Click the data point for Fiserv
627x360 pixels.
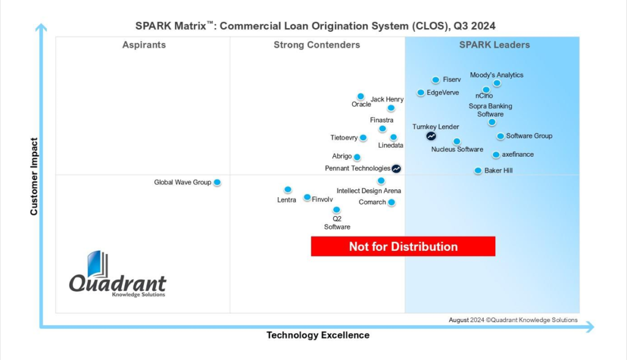tap(435, 80)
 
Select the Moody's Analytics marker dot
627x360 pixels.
tap(497, 83)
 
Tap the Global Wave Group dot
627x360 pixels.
tap(217, 182)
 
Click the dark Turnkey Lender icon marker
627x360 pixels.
tap(431, 136)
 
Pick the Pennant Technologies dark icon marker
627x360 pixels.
tap(396, 168)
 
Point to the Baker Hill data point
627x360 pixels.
tap(478, 170)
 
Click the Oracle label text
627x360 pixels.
tap(361, 104)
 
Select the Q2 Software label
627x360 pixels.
tap(337, 223)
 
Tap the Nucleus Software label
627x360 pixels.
tap(457, 149)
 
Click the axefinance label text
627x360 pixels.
tap(517, 154)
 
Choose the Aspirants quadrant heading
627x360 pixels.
tap(144, 45)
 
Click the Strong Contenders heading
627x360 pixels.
tap(317, 45)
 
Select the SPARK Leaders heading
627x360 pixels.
tap(495, 45)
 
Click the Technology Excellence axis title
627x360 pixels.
tap(318, 335)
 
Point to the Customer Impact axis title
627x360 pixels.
tap(35, 176)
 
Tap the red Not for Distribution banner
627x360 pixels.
tap(403, 247)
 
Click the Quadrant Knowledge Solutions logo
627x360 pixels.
tap(117, 276)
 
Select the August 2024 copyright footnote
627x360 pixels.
tap(512, 320)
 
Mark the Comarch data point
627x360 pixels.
tap(391, 203)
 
